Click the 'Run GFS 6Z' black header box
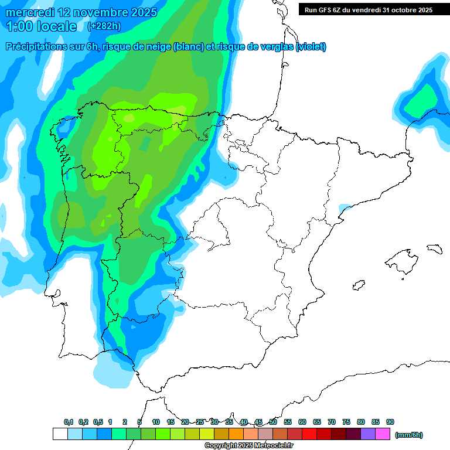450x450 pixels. point(368,9)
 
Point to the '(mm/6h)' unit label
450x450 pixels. point(409,435)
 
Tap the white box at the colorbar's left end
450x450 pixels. point(60,434)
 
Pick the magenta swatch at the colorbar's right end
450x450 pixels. point(383,434)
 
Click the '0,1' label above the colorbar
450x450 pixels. point(69,422)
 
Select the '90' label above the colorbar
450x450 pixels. point(390,422)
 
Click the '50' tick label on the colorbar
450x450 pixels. point(273,422)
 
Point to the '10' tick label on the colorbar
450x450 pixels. point(156,422)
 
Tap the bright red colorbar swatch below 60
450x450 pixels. point(309,434)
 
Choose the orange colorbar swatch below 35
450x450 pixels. point(236,434)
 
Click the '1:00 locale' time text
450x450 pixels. point(42,26)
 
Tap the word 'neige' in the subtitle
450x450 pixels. point(157,47)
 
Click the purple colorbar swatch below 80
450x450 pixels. point(368,434)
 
